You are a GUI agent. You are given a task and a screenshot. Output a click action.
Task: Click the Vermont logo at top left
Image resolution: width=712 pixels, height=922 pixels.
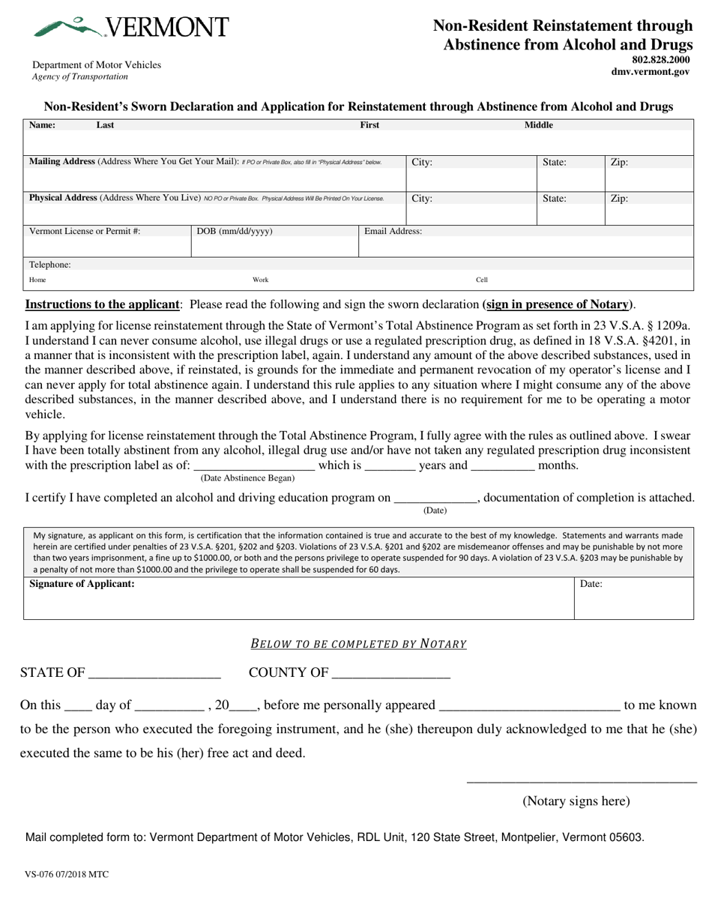pyautogui.click(x=130, y=27)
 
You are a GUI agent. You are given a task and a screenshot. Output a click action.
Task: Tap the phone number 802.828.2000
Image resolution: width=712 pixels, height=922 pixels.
pyautogui.click(x=660, y=60)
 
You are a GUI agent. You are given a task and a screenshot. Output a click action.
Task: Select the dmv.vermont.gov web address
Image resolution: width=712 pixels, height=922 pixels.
pyautogui.click(x=651, y=72)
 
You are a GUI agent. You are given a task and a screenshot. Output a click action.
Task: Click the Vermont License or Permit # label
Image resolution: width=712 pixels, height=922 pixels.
pyautogui.click(x=85, y=231)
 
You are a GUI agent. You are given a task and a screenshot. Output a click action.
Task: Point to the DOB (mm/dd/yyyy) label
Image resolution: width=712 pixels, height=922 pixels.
pyautogui.click(x=235, y=231)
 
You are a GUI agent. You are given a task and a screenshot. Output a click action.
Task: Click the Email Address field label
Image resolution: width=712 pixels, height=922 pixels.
pyautogui.click(x=393, y=231)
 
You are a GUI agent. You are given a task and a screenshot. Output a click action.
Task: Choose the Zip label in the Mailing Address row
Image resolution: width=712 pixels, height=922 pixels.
pyautogui.click(x=619, y=162)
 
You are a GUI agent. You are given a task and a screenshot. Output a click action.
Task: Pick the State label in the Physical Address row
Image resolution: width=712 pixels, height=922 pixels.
pyautogui.click(x=554, y=199)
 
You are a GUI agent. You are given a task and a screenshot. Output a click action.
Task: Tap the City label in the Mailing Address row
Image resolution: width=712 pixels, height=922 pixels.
pyautogui.click(x=422, y=162)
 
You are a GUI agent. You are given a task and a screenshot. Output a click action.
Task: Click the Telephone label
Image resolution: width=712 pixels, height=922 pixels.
pyautogui.click(x=50, y=265)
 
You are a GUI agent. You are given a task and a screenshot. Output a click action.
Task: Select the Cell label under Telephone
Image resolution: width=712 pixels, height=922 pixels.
pyautogui.click(x=482, y=280)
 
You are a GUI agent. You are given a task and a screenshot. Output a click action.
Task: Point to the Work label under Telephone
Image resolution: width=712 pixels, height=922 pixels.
pyautogui.click(x=260, y=280)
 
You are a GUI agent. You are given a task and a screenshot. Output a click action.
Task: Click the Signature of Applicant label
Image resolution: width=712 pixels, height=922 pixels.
pyautogui.click(x=82, y=583)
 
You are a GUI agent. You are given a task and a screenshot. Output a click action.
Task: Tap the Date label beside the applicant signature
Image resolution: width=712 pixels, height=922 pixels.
pyautogui.click(x=591, y=583)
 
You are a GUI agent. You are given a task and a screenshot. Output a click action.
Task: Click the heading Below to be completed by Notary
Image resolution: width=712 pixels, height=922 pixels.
pyautogui.click(x=358, y=643)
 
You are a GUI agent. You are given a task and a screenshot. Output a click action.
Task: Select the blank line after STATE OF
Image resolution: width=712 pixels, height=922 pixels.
pyautogui.click(x=154, y=673)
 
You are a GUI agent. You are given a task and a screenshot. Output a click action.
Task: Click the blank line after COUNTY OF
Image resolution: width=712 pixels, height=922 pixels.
pyautogui.click(x=390, y=673)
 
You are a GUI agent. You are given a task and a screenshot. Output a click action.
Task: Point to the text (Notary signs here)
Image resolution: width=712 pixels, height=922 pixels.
pyautogui.click(x=576, y=801)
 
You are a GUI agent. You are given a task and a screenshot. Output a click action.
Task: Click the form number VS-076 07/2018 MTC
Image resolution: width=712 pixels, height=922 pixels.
pyautogui.click(x=67, y=874)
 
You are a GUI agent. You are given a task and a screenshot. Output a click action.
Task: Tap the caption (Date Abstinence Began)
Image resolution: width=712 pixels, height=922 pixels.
pyautogui.click(x=247, y=477)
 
